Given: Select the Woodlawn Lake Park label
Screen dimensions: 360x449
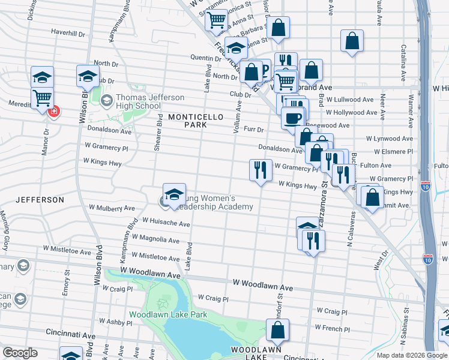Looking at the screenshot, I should click(x=167, y=314).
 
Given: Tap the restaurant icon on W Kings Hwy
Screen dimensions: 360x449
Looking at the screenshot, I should click(x=261, y=170).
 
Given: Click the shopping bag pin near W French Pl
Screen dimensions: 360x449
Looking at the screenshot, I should click(x=277, y=330).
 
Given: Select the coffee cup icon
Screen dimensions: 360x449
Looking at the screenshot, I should click(x=293, y=118).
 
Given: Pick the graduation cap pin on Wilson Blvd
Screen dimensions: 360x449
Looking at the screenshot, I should click(x=88, y=76).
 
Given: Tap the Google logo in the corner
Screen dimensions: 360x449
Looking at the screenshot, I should click(x=20, y=353).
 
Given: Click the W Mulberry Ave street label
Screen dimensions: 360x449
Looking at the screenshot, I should click(x=112, y=208).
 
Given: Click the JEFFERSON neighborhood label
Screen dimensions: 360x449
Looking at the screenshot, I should click(x=40, y=199).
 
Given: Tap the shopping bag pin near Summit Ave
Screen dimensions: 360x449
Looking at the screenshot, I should click(x=372, y=197).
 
